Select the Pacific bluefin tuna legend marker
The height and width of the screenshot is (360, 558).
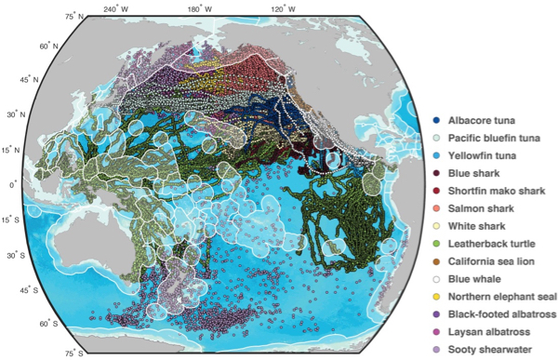(x=437, y=138)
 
